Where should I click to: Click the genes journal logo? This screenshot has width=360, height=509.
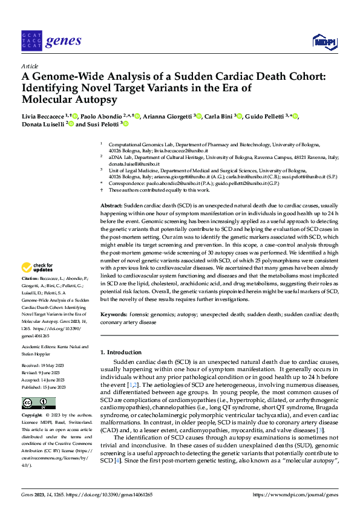click(x=51, y=41)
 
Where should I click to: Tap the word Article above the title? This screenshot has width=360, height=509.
click(x=30, y=66)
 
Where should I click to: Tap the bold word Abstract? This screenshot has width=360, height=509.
click(x=112, y=206)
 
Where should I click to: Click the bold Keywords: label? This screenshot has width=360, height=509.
click(x=114, y=315)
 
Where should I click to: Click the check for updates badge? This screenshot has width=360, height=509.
click(x=39, y=267)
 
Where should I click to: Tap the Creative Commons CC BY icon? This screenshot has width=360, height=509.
click(x=38, y=403)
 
